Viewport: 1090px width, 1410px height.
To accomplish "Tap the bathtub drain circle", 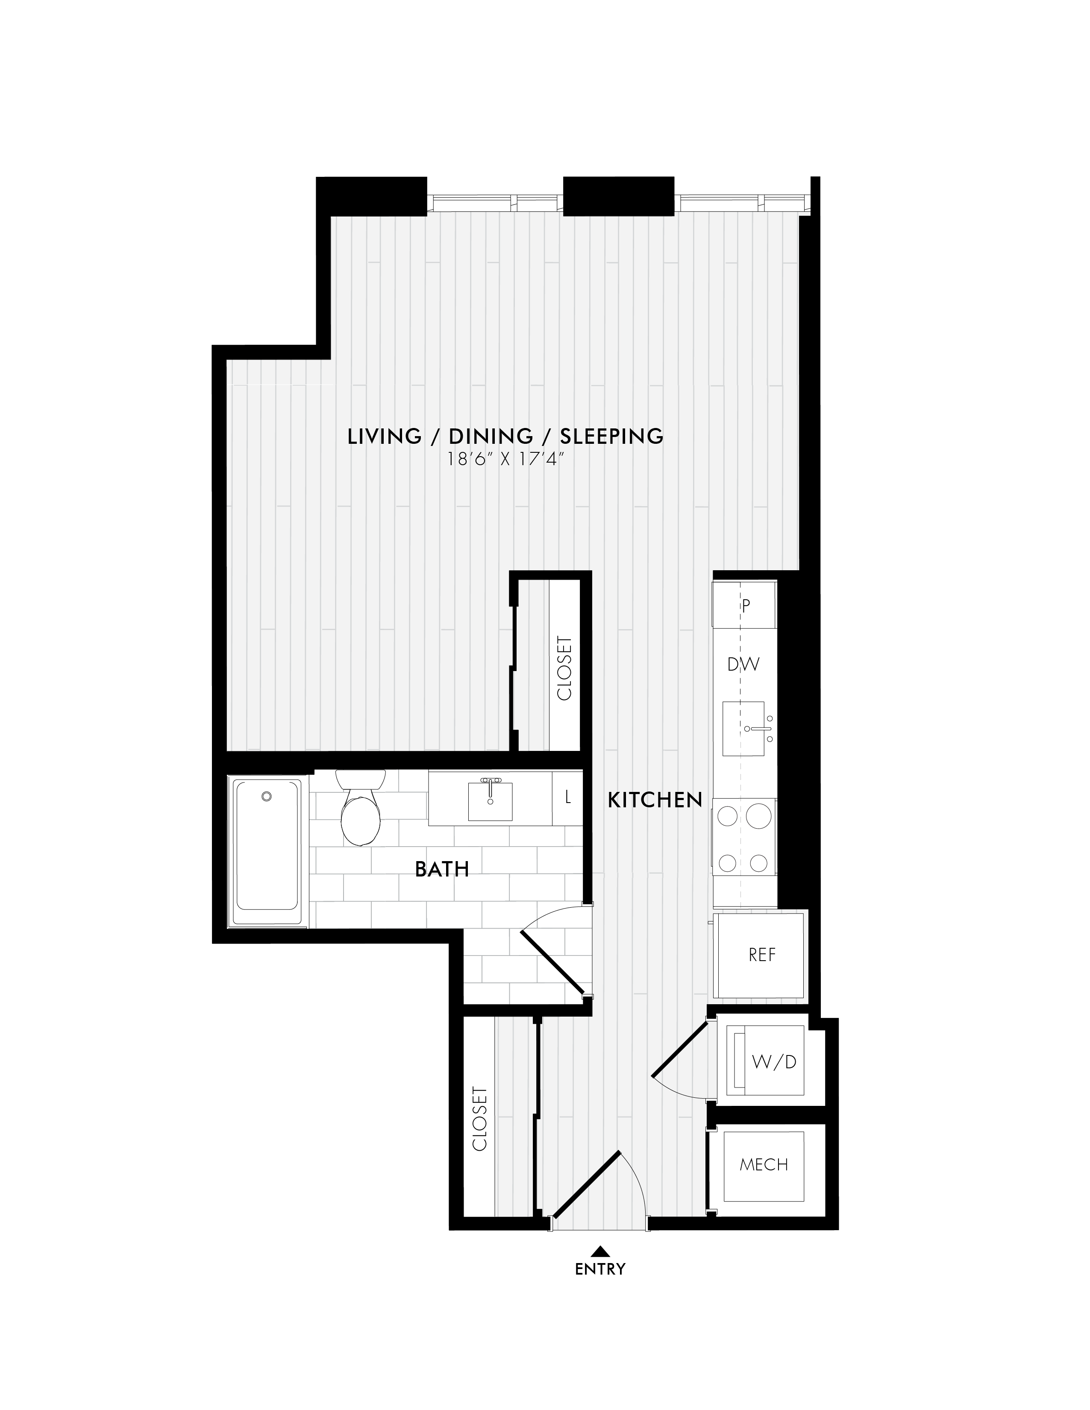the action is (267, 797).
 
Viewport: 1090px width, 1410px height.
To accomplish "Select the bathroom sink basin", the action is (490, 801).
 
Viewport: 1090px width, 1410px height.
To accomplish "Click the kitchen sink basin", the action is (743, 728).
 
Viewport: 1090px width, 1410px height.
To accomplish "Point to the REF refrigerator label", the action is (762, 955).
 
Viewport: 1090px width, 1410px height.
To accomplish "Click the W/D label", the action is (774, 1061).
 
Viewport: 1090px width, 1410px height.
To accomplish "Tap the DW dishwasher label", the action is (743, 664).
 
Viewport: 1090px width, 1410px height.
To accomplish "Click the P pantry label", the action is (746, 606).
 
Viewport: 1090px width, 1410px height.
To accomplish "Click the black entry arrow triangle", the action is (600, 1251).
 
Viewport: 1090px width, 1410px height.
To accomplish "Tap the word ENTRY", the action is (600, 1269).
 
